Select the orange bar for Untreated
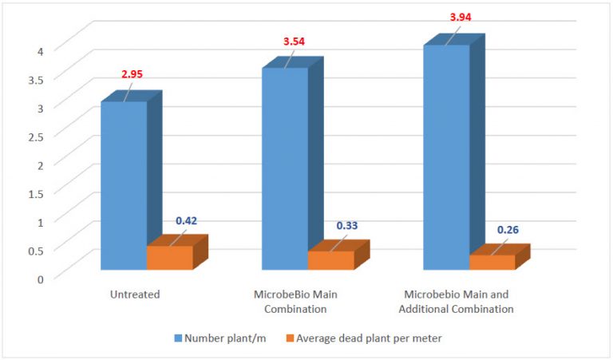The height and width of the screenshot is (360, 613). coord(170,257)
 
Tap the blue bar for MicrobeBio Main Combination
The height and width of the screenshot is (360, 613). coord(285,168)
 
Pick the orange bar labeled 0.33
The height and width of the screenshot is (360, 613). coord(330,260)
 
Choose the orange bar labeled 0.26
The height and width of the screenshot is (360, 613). coord(492,262)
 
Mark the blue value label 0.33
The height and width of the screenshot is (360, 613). coord(346,226)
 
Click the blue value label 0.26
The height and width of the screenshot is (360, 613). coord(508,230)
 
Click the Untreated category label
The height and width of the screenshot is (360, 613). coord(135,295)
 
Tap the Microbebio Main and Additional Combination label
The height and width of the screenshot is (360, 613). coord(458,301)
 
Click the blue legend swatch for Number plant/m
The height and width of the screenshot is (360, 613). coord(176,338)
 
